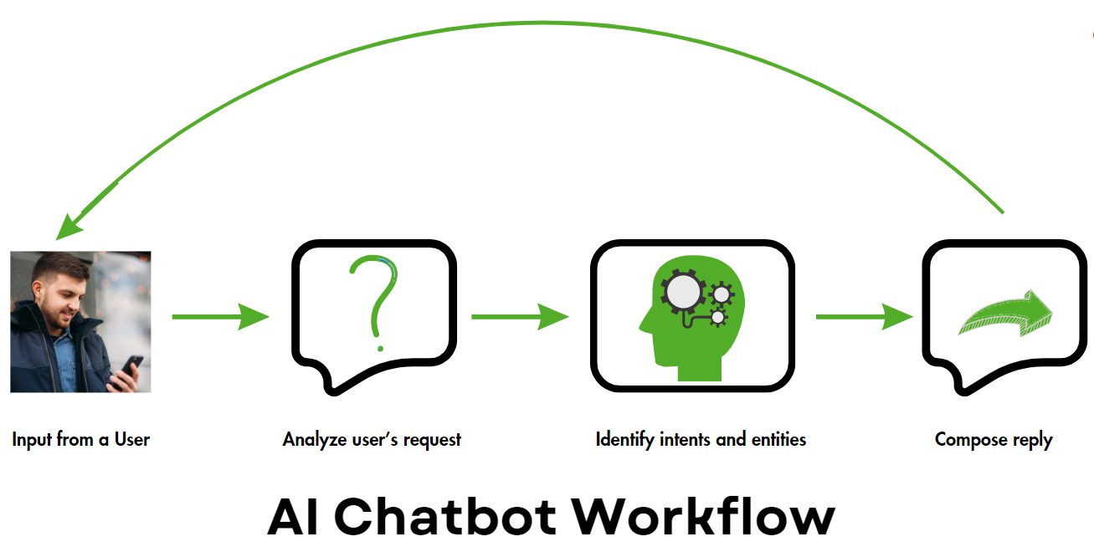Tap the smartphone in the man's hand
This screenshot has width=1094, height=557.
132,365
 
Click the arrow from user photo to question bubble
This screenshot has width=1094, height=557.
219,317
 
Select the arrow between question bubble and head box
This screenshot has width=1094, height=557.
519,317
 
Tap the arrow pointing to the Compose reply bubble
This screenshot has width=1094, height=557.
863,317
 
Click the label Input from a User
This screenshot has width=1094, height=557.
80,439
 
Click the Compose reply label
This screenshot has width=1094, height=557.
994,439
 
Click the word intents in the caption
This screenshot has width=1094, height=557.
687,439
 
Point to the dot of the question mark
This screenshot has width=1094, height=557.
380,348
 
